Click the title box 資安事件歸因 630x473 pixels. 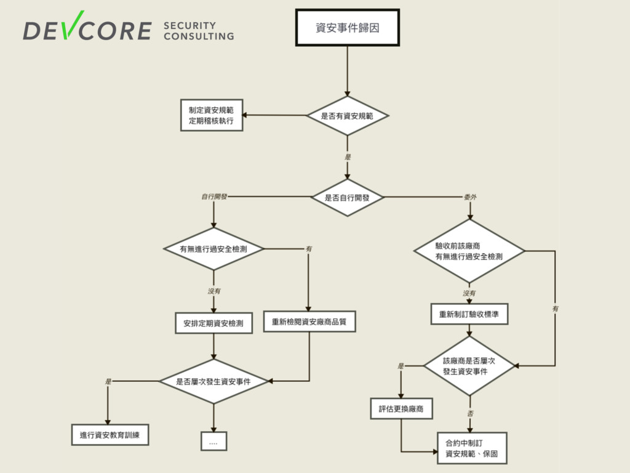[x=348, y=28]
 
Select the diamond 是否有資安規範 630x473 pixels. [x=348, y=115]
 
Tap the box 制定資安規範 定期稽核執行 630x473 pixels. [x=212, y=115]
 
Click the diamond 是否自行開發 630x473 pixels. [x=348, y=198]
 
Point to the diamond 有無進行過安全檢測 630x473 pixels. [x=213, y=249]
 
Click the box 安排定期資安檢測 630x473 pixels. [x=213, y=323]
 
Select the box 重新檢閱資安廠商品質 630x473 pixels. [x=309, y=321]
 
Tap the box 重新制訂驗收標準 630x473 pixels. [x=469, y=314]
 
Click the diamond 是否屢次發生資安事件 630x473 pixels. [x=213, y=381]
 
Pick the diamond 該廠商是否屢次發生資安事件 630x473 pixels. [x=469, y=366]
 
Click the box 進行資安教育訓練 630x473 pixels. [x=110, y=435]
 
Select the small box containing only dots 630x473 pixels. [x=213, y=442]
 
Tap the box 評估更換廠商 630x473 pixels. [x=401, y=408]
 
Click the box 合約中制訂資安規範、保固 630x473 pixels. [x=472, y=448]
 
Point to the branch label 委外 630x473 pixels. [x=470, y=197]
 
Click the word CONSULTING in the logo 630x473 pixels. [x=199, y=36]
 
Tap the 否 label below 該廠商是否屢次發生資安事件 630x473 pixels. [x=470, y=413]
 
